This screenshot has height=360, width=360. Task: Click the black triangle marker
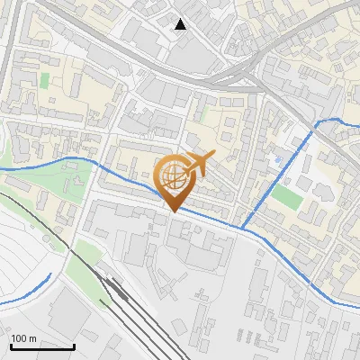[181, 24]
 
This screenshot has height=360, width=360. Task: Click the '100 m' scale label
[23, 338]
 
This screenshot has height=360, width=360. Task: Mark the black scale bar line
[42, 346]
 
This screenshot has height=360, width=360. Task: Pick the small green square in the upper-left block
[44, 80]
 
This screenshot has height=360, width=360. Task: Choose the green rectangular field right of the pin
[286, 195]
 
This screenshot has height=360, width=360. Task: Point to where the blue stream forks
[243, 227]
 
